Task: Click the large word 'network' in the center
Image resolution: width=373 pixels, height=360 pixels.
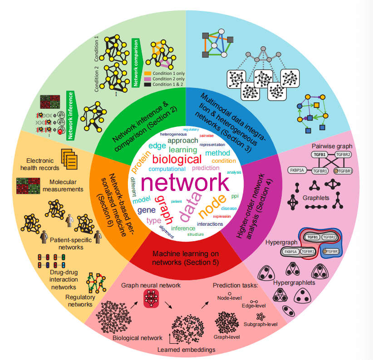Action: [185, 182]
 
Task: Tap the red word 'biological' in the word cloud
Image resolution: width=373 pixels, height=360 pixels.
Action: [177, 159]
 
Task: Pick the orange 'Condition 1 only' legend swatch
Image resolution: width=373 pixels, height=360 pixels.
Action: [147, 73]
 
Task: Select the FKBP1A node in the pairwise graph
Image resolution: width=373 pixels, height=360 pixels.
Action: [296, 170]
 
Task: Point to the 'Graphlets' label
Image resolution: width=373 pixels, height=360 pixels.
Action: [315, 198]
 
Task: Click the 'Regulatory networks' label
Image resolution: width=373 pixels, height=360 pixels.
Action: [83, 301]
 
